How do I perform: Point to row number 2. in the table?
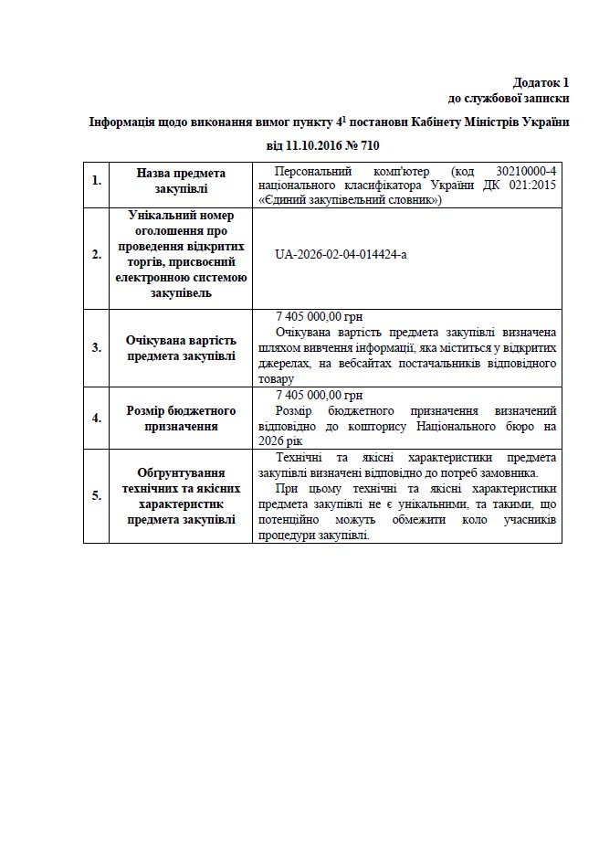(96, 254)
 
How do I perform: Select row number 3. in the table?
(96, 347)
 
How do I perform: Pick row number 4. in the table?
(96, 419)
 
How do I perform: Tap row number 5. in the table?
(96, 495)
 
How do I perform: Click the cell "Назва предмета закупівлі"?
(181, 181)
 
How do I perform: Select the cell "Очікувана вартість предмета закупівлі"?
(181, 347)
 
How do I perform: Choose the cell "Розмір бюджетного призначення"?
(181, 419)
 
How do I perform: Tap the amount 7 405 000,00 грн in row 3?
(319, 316)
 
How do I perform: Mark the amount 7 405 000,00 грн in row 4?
(319, 395)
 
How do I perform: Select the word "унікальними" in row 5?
(442, 504)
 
